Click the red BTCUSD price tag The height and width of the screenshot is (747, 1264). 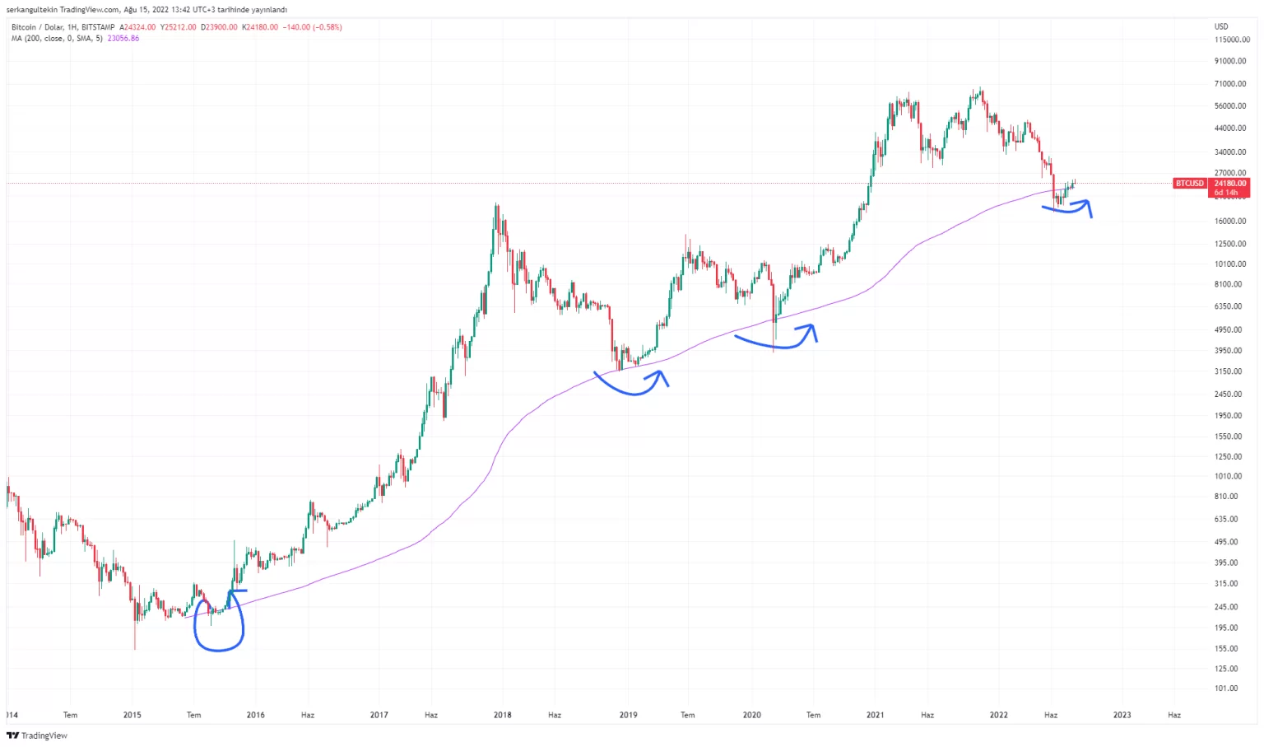(1189, 183)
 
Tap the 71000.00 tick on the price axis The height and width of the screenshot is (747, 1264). (1230, 84)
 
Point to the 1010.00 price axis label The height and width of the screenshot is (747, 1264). (1229, 476)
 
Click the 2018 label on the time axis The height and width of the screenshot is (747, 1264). (502, 715)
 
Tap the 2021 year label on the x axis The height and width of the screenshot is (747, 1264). (875, 715)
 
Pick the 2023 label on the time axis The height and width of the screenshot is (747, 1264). (1122, 715)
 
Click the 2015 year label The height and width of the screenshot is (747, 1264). (132, 715)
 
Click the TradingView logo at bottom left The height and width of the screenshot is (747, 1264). (37, 735)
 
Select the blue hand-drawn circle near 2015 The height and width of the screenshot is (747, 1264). (218, 624)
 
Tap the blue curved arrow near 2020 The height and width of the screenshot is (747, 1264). (776, 341)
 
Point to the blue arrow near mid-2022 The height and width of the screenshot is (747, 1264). (1069, 208)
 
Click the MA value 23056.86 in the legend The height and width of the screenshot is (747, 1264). (123, 39)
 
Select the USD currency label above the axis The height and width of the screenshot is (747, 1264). (1221, 27)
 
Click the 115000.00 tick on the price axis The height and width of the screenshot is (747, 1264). (1232, 40)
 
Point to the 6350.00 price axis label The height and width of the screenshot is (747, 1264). (1229, 306)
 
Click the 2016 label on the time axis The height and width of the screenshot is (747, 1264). (255, 715)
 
